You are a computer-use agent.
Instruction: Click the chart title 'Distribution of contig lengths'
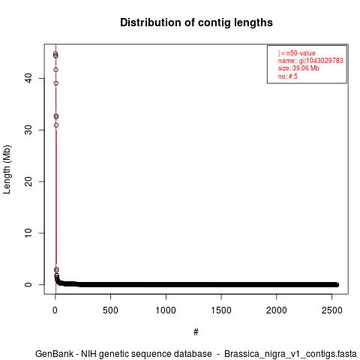(196, 22)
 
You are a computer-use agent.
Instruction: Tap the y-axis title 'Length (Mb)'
(7, 169)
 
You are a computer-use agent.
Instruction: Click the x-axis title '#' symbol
(196, 332)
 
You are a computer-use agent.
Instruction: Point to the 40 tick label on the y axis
(29, 78)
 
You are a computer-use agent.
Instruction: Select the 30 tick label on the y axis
(29, 130)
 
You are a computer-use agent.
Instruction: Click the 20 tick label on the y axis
(29, 181)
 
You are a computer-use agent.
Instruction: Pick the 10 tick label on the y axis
(29, 233)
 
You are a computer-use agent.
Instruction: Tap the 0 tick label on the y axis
(29, 285)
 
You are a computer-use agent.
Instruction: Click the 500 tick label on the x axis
(110, 310)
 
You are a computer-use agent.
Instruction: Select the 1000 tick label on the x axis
(166, 310)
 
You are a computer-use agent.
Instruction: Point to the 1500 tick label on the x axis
(221, 310)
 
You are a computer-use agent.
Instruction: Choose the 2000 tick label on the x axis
(277, 310)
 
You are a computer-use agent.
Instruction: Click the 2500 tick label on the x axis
(331, 310)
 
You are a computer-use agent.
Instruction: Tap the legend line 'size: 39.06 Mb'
(298, 68)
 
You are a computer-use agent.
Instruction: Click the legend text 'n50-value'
(301, 53)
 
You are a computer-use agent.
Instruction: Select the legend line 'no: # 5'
(288, 76)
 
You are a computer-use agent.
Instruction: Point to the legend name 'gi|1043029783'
(321, 61)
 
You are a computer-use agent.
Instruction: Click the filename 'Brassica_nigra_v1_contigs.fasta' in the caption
(290, 354)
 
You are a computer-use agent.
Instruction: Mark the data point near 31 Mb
(56, 125)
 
